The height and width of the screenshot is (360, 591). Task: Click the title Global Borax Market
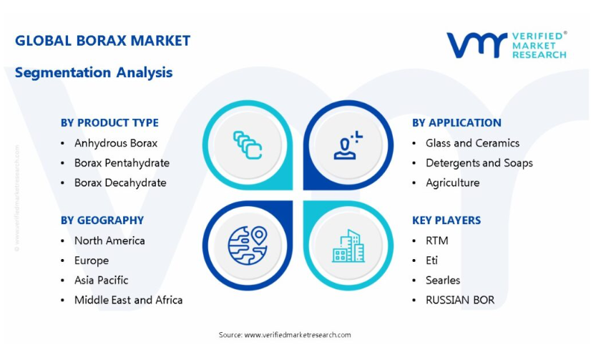click(102, 41)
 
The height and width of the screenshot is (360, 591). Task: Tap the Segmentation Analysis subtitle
click(94, 72)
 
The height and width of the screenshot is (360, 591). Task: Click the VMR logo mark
click(477, 45)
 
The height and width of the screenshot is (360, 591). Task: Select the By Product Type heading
click(109, 123)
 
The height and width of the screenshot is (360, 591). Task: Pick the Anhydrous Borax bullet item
click(116, 143)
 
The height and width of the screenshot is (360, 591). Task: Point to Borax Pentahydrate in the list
click(122, 163)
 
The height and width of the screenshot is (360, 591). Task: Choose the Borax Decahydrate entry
click(120, 183)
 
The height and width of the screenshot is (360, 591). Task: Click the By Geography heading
click(102, 220)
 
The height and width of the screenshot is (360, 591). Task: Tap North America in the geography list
click(109, 240)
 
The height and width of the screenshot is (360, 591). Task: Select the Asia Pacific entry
click(101, 280)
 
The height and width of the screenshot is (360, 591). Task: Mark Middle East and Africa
click(128, 300)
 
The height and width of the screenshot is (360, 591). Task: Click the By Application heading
click(456, 123)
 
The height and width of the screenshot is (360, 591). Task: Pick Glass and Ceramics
click(472, 143)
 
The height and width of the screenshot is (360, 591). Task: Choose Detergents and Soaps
click(479, 163)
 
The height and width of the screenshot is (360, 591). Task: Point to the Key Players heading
click(446, 220)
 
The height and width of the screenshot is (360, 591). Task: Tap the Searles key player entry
click(443, 280)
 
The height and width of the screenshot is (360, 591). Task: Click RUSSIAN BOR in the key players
click(460, 300)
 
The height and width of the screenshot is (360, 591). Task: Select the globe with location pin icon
click(248, 245)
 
